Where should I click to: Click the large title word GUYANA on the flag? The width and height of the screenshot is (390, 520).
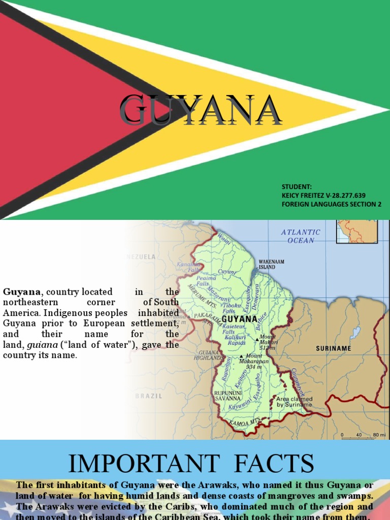(201, 110)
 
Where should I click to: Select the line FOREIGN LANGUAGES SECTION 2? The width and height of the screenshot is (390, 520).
(331, 204)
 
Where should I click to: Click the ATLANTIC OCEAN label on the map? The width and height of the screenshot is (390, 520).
(301, 236)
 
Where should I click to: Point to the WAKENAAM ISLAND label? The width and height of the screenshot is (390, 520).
(272, 264)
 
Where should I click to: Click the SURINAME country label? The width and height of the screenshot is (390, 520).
(333, 348)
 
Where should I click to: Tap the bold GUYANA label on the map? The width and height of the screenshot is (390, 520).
(240, 319)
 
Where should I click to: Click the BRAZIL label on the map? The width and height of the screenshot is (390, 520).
(149, 396)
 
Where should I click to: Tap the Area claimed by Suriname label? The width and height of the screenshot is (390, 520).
(295, 402)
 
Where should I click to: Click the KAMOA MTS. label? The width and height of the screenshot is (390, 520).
(244, 421)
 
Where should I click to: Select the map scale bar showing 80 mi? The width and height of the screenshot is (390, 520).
(364, 435)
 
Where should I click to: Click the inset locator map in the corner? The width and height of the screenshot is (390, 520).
(357, 231)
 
